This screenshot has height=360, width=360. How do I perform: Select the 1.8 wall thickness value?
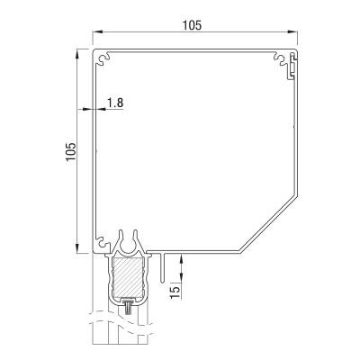114,103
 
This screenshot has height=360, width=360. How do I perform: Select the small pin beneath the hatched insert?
130,309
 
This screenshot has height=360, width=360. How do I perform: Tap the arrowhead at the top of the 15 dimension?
184,257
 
